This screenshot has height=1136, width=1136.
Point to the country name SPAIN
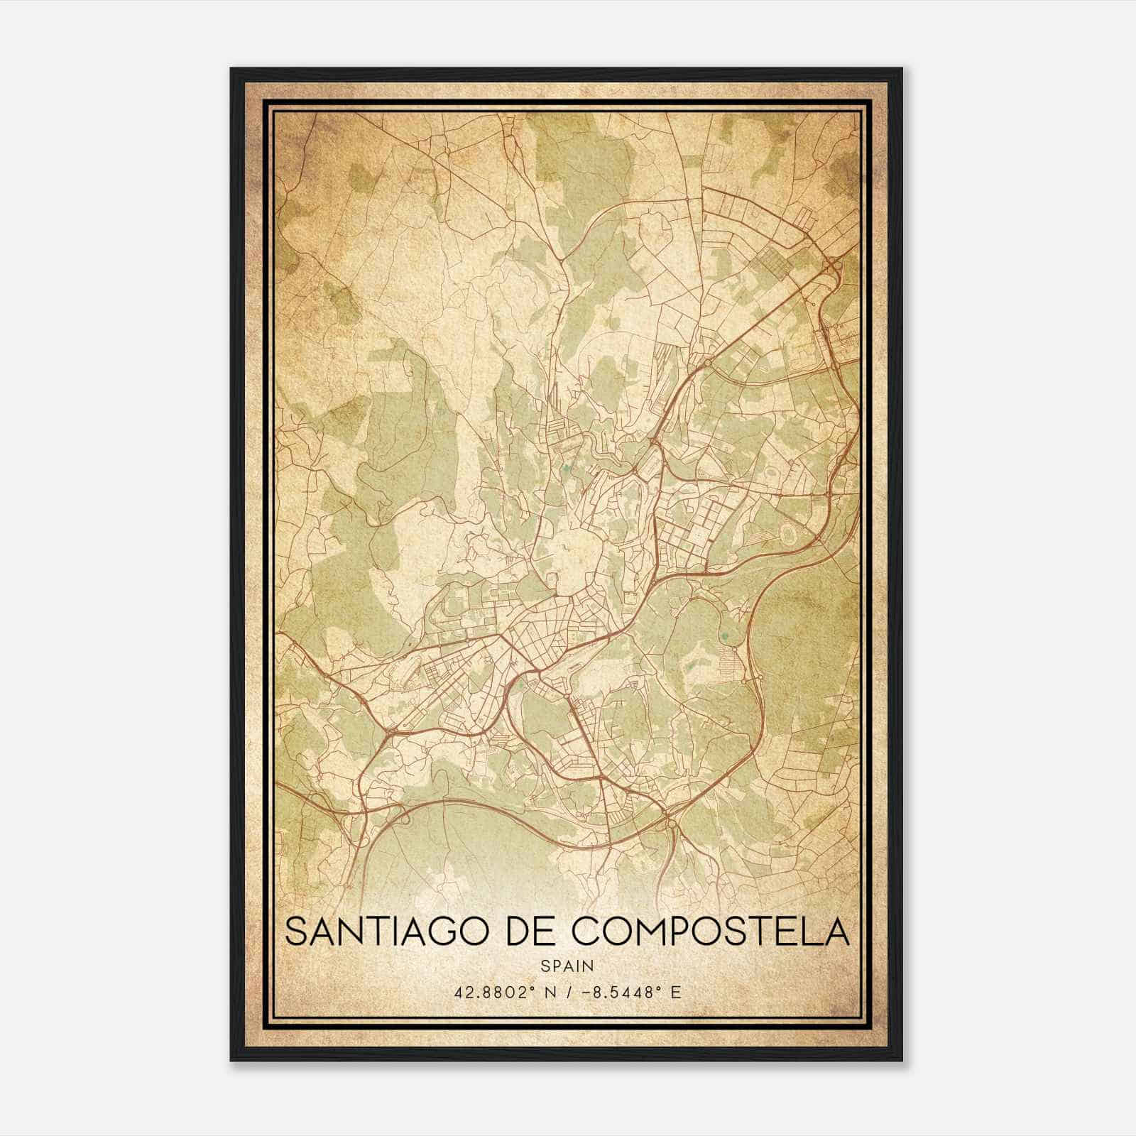coord(567,966)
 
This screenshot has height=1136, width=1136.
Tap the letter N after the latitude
coord(550,992)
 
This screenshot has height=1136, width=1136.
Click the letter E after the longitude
coord(675,992)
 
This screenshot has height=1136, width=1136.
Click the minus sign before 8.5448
coord(584,992)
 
